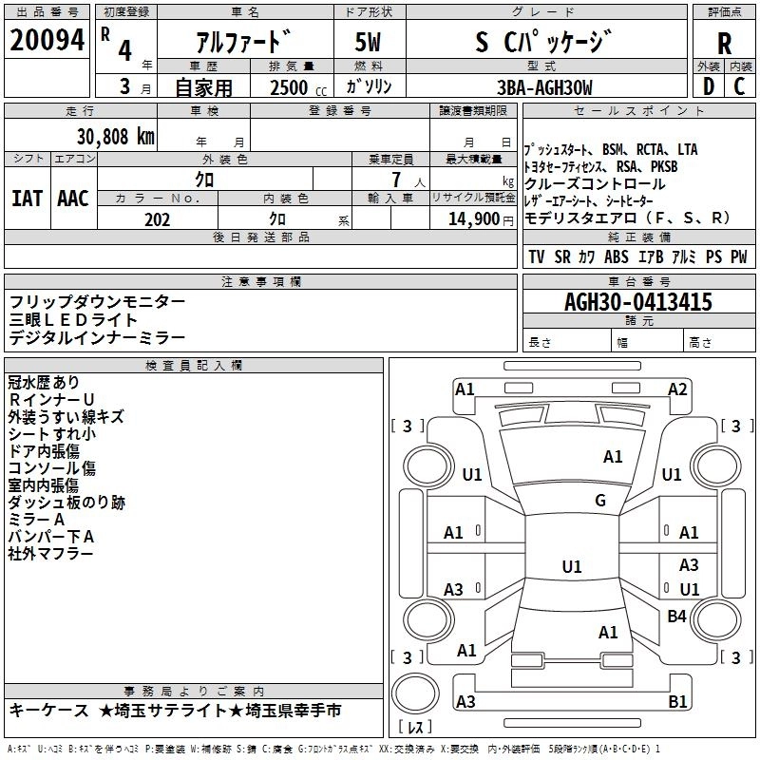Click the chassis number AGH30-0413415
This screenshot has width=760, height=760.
pos(638,302)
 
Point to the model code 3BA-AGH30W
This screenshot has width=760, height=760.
pos(544,87)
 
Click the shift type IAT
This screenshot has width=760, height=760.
pos(27,198)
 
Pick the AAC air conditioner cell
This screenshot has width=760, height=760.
pos(72,198)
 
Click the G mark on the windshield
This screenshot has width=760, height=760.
pos(600,501)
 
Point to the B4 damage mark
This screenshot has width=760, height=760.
pos(676,617)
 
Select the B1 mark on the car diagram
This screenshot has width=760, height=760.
pos(678,702)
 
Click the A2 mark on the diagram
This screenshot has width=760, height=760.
pos(677,389)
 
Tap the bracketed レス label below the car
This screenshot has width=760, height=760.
pos(416,728)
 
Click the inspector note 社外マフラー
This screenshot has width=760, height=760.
pos(51,554)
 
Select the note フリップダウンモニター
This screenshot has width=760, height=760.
pos(98,301)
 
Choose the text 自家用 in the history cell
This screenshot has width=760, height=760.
pos(204,87)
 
